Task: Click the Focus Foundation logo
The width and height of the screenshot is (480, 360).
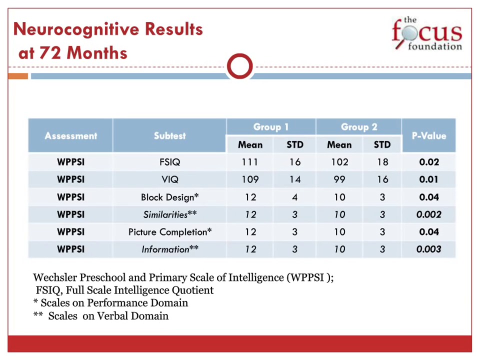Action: point(426,34)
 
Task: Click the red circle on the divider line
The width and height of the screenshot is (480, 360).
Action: point(239,66)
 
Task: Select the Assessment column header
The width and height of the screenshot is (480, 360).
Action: point(70,135)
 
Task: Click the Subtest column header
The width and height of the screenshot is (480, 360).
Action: point(169,135)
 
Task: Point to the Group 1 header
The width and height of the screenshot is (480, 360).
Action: point(270,127)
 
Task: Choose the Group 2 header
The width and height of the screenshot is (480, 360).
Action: point(358,127)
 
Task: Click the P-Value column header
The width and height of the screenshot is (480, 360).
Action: point(428,135)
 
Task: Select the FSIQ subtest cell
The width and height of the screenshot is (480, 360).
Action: point(169,162)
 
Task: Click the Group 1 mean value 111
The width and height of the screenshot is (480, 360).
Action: point(250,162)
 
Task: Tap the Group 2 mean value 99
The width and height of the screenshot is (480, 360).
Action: point(339,179)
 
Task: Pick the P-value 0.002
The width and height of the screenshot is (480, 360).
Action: point(428,214)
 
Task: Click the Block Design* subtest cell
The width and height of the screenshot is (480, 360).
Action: point(169,197)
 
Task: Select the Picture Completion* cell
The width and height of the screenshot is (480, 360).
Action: point(169,232)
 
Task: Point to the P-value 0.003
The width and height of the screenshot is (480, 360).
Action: point(428,249)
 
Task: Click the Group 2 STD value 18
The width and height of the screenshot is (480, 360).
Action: point(382,162)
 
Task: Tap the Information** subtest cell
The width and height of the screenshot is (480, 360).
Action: point(169,249)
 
